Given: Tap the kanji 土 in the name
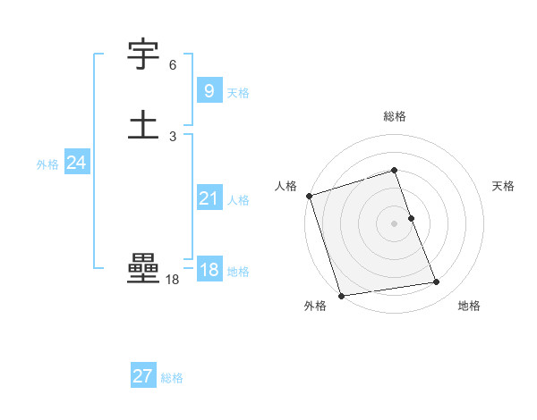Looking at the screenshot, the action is tap(143, 125).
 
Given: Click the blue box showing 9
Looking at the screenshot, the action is tap(208, 90).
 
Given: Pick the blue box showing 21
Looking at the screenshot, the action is tap(208, 198).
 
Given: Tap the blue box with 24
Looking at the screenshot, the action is tap(76, 163).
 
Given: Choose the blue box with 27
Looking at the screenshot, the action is tap(142, 376).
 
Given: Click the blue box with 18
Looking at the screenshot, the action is tap(208, 270).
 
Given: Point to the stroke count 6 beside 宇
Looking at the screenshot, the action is tap(173, 65).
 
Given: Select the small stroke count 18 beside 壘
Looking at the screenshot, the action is tap(172, 280).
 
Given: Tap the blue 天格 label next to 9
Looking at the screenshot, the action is tap(238, 92).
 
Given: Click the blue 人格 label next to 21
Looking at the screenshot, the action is tap(238, 200).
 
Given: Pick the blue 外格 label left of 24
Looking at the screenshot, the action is tap(47, 164).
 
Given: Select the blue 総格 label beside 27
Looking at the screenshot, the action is tap(172, 378).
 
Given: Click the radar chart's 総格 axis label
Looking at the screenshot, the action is tap(395, 116).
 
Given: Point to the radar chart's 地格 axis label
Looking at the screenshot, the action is tap(469, 306).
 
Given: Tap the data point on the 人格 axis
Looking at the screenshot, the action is tap(309, 196).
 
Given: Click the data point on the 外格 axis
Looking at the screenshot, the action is tap(341, 295).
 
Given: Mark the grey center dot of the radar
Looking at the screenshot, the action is tap(395, 223).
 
